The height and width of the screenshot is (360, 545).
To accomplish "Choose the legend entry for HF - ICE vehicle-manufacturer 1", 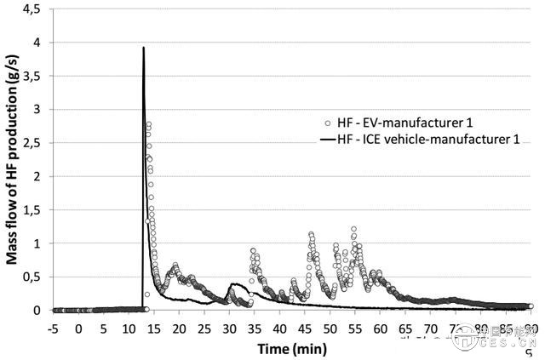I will click(x=418, y=139).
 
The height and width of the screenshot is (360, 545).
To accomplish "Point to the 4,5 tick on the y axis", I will click(x=32, y=9).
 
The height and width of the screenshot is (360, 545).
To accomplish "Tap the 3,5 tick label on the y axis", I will click(x=32, y=76).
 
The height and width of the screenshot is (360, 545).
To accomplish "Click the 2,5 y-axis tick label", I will click(x=32, y=143).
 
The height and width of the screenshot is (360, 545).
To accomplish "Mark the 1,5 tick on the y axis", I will click(x=32, y=209).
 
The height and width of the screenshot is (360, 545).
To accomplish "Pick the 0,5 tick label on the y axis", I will click(x=32, y=277).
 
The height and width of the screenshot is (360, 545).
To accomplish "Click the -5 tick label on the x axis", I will click(x=54, y=326).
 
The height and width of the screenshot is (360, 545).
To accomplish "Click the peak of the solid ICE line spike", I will click(x=143, y=48).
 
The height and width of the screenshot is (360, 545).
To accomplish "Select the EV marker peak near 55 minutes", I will click(x=353, y=229).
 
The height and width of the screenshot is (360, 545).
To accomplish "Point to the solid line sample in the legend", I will click(x=326, y=139).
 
